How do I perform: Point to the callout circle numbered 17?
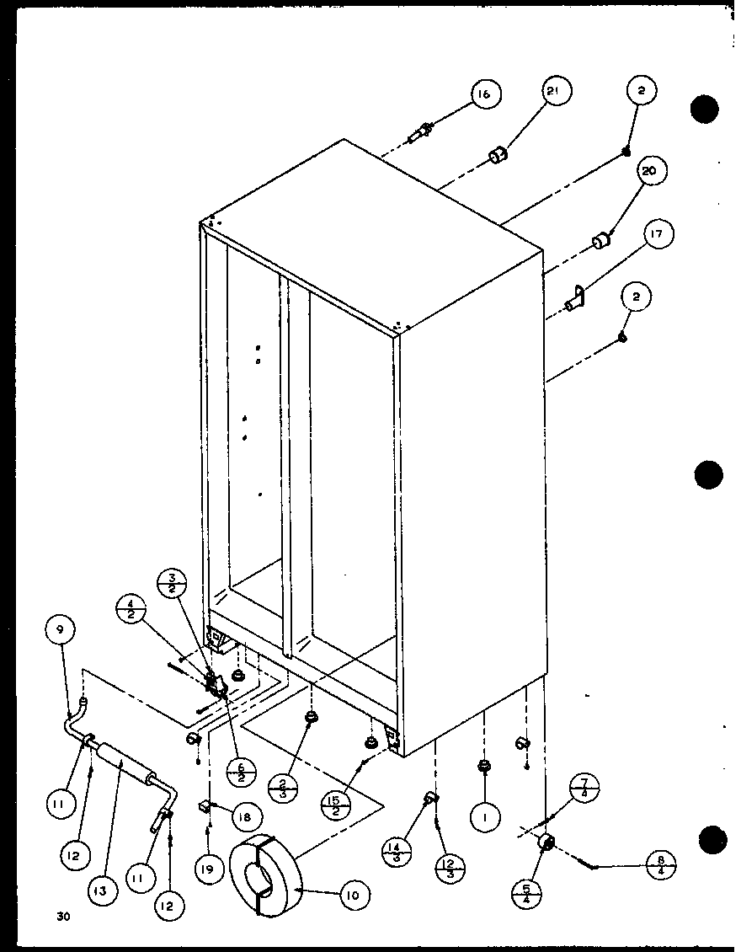pyautogui.click(x=659, y=234)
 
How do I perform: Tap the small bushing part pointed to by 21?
pyautogui.click(x=498, y=156)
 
